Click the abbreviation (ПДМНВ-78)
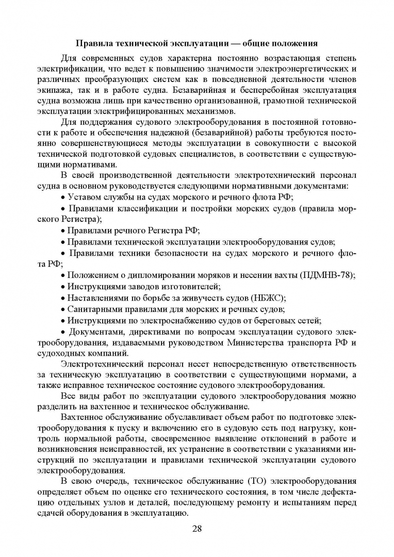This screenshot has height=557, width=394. tap(327, 275)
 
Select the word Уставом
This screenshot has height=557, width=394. tap(85, 196)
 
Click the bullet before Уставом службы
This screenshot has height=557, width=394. tap(63, 197)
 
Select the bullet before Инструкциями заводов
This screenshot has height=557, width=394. tap(63, 287)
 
